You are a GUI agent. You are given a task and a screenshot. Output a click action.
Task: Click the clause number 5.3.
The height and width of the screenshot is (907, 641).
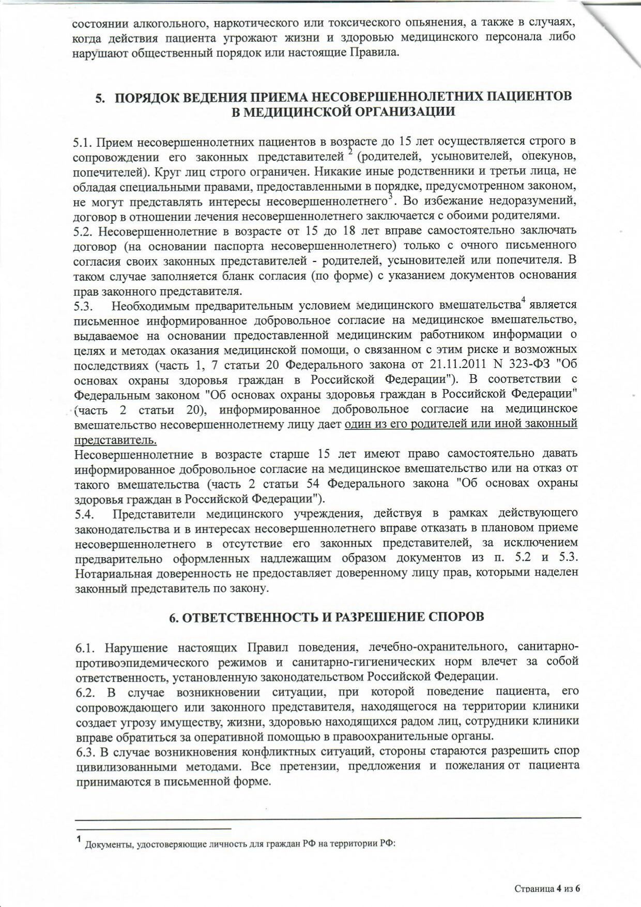pyautogui.click(x=83, y=306)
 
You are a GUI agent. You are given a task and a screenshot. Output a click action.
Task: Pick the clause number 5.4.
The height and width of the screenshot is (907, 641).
pyautogui.click(x=83, y=514)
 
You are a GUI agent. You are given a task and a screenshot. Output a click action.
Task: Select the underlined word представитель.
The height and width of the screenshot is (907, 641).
pyautogui.click(x=115, y=441)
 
